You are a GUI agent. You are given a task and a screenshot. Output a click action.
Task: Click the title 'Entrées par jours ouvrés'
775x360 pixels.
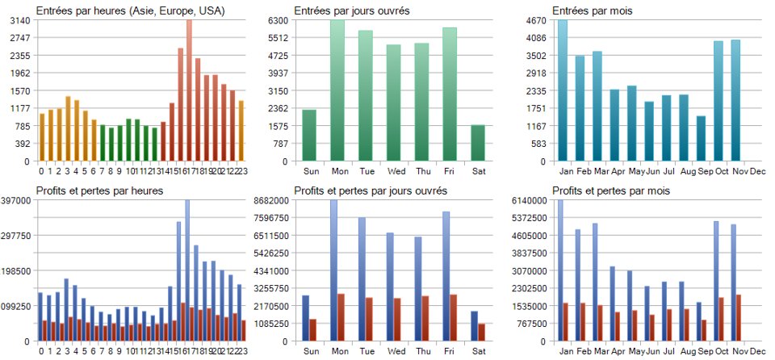(351, 10)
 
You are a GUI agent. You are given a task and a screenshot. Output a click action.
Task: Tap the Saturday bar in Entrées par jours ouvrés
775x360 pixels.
(477, 143)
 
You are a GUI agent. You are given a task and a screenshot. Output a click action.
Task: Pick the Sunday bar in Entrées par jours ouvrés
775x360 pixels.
(309, 135)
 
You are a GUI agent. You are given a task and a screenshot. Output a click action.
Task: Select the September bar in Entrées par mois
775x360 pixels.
(702, 139)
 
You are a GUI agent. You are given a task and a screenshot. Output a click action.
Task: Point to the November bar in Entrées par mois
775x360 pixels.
(735, 100)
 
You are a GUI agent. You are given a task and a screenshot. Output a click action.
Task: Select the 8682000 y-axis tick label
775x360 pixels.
(271, 200)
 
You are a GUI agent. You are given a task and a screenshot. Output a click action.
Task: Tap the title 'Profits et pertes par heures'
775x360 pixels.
(100, 190)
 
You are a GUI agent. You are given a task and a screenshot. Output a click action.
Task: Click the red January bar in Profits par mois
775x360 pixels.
(565, 322)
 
